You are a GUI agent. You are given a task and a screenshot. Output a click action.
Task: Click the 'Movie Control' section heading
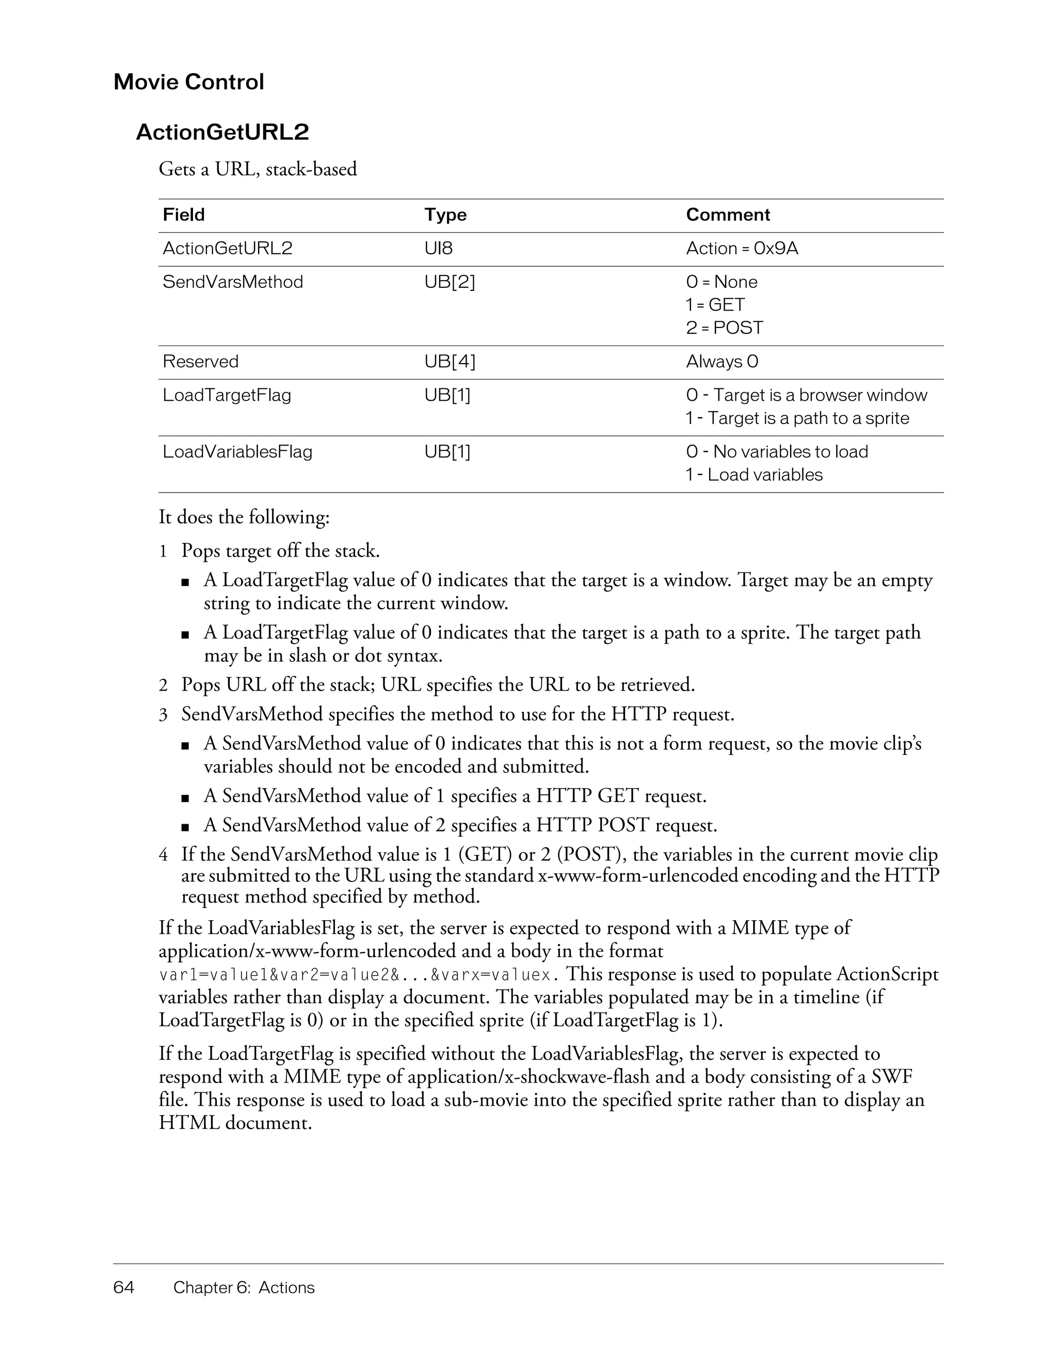click(188, 82)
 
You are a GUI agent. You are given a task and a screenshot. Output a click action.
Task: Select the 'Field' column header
click(184, 215)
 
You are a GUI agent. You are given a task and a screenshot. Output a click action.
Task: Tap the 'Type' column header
click(445, 215)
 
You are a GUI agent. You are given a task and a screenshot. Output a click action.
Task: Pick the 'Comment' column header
click(727, 215)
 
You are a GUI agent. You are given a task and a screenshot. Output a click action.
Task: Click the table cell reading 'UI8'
click(438, 248)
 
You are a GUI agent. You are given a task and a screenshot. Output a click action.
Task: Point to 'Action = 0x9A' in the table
click(742, 248)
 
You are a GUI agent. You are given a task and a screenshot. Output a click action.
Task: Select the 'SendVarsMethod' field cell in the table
click(233, 282)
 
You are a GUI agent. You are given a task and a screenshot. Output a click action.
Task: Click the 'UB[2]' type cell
click(449, 282)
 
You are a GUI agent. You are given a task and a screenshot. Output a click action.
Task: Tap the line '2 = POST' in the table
click(724, 328)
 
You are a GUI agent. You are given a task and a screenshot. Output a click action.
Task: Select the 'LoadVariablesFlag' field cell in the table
click(237, 451)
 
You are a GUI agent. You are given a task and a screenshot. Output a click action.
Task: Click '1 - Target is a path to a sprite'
click(797, 418)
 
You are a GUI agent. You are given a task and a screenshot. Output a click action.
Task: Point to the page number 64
click(124, 1287)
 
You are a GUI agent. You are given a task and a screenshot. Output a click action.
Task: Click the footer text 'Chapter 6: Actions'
click(244, 1287)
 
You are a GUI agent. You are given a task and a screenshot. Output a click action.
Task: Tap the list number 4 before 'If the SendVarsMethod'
click(163, 855)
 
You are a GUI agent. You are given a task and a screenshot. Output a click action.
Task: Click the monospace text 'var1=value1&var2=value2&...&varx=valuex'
click(355, 974)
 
